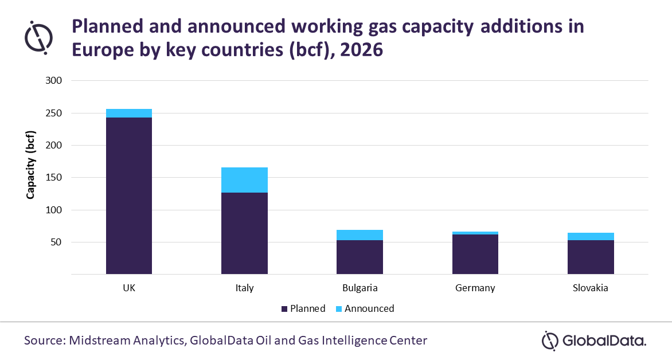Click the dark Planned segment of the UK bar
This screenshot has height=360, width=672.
(x=129, y=195)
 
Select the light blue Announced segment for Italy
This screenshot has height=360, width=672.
(x=244, y=180)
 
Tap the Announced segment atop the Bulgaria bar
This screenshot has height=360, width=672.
(x=360, y=235)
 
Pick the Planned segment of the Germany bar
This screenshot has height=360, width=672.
(x=475, y=254)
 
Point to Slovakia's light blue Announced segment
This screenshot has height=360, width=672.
(x=591, y=236)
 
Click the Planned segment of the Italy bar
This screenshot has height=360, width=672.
(x=244, y=233)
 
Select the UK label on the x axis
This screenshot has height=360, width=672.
(x=129, y=288)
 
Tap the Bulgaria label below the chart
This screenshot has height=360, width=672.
(x=360, y=288)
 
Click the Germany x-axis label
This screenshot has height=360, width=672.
(x=475, y=288)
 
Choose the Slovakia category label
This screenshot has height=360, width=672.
(x=591, y=288)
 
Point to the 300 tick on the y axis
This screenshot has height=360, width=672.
(x=53, y=81)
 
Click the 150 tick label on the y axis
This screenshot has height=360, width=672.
(x=53, y=178)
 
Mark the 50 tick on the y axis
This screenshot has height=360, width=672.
(x=55, y=242)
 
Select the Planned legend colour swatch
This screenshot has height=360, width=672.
(x=284, y=309)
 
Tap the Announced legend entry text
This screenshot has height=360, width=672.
(x=369, y=308)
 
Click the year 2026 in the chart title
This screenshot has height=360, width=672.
(x=361, y=50)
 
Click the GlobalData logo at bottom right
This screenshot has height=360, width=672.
(x=594, y=341)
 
